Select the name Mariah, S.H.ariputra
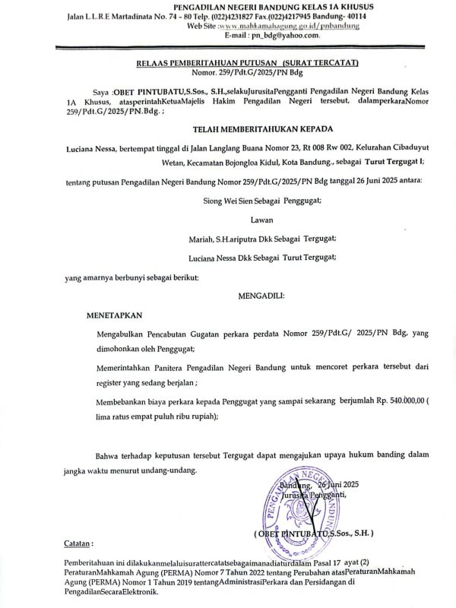[x=220, y=237]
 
